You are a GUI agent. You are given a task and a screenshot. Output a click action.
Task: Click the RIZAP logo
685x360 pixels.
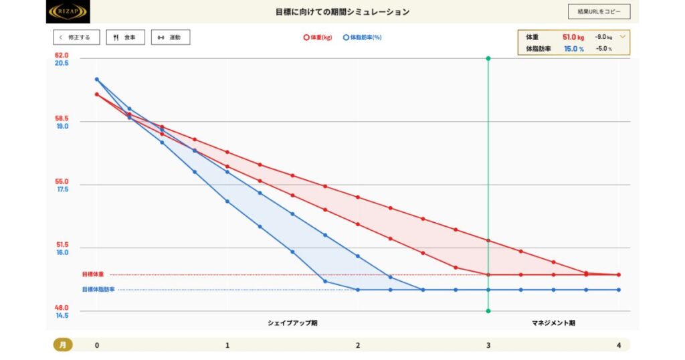click(x=68, y=11)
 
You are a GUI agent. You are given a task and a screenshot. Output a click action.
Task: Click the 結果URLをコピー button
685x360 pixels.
click(x=599, y=12)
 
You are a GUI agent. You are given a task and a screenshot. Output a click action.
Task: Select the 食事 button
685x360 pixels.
click(x=125, y=37)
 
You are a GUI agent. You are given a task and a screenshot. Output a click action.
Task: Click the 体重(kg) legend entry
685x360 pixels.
click(x=317, y=37)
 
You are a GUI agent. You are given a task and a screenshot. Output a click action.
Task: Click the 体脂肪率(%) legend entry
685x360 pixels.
click(x=362, y=37)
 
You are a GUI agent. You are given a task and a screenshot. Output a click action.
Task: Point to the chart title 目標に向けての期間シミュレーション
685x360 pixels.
click(x=342, y=12)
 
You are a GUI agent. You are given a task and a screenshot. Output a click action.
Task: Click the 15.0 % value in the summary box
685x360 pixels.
click(x=573, y=49)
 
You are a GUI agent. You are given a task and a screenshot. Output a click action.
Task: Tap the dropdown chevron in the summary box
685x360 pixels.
click(x=623, y=37)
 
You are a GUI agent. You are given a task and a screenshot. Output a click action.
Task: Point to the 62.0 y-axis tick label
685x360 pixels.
click(x=62, y=55)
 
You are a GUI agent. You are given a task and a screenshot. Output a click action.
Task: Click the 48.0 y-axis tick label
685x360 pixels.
click(x=62, y=308)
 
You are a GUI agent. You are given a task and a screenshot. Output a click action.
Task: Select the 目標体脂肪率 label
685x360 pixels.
click(x=98, y=290)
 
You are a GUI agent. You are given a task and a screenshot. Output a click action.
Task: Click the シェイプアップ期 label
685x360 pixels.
click(x=292, y=323)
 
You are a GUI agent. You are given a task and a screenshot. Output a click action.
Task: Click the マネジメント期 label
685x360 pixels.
click(x=553, y=323)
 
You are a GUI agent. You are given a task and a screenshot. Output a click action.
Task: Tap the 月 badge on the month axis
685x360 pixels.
click(x=62, y=345)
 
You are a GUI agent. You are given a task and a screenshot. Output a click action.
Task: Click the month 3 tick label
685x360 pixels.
click(x=488, y=345)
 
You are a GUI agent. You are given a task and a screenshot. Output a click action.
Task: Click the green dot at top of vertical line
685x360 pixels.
click(x=488, y=59)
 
